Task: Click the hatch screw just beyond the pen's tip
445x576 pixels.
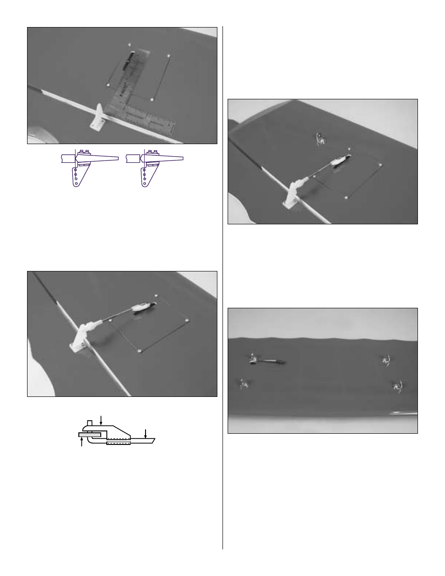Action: click(130, 45)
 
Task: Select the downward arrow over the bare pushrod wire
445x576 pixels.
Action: click(146, 433)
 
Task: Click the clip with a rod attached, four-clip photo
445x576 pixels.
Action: click(253, 360)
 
